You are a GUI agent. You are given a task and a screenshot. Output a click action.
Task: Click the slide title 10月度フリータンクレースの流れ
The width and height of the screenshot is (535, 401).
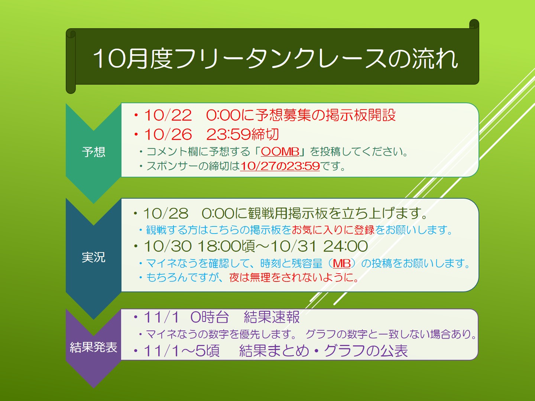click(x=275, y=58)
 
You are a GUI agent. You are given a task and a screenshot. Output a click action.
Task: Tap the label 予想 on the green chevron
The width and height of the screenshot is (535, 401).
click(x=94, y=152)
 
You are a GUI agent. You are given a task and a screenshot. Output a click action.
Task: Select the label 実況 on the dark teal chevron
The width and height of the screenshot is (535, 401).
click(x=94, y=257)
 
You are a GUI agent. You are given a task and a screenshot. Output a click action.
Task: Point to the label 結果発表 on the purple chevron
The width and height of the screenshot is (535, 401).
click(x=94, y=347)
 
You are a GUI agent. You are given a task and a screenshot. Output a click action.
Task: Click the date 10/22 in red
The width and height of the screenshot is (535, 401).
click(x=168, y=115)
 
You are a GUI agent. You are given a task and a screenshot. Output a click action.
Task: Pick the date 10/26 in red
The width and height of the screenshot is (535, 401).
click(x=168, y=134)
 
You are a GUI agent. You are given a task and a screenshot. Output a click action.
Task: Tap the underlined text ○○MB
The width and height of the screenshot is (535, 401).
click(x=280, y=152)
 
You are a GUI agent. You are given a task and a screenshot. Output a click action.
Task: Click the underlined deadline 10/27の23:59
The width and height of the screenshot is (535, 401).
click(x=280, y=166)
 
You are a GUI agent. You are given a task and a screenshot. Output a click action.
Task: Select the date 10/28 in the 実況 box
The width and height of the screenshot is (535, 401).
click(x=165, y=213)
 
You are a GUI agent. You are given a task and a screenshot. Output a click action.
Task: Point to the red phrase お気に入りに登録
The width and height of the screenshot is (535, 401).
click(x=333, y=229)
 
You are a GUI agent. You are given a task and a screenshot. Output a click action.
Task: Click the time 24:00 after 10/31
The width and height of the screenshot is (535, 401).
click(x=346, y=246)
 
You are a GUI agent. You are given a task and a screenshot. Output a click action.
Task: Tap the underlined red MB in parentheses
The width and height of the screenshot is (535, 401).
click(x=341, y=264)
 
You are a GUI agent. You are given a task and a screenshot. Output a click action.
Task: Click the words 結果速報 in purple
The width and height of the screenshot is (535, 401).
click(x=272, y=317)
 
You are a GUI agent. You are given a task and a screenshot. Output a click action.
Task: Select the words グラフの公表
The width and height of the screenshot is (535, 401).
click(x=366, y=351)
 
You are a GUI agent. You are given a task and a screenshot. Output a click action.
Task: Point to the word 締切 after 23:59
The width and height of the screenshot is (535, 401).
click(x=265, y=134)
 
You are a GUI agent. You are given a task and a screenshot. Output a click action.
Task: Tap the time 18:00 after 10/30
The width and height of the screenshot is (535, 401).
click(x=220, y=246)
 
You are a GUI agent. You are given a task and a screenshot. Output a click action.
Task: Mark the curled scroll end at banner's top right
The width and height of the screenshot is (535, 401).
click(x=474, y=25)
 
